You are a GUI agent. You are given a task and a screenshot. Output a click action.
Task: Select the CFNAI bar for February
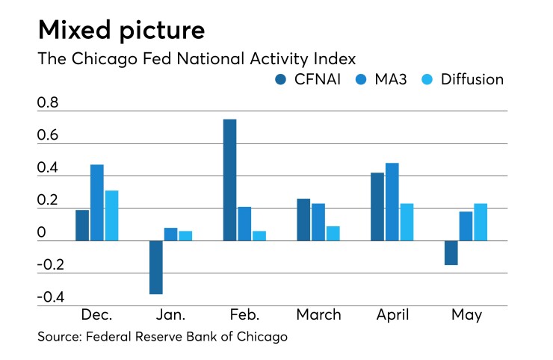[x=229, y=179]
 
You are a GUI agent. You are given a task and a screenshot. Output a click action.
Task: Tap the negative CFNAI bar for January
[x=156, y=267]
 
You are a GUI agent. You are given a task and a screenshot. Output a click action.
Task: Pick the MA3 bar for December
[x=97, y=202]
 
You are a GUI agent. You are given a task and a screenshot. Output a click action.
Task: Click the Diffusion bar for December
[x=111, y=215]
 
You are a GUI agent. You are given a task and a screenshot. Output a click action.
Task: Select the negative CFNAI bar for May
[x=451, y=252]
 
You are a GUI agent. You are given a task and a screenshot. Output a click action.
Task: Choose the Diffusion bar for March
[x=333, y=233]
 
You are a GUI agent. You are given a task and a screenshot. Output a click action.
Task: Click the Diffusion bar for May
[x=481, y=222]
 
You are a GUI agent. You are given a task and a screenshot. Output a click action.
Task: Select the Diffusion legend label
[x=472, y=79]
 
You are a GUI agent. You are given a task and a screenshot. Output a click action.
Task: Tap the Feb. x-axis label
[x=244, y=315]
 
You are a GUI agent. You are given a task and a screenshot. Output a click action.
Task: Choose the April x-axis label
[x=392, y=315]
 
